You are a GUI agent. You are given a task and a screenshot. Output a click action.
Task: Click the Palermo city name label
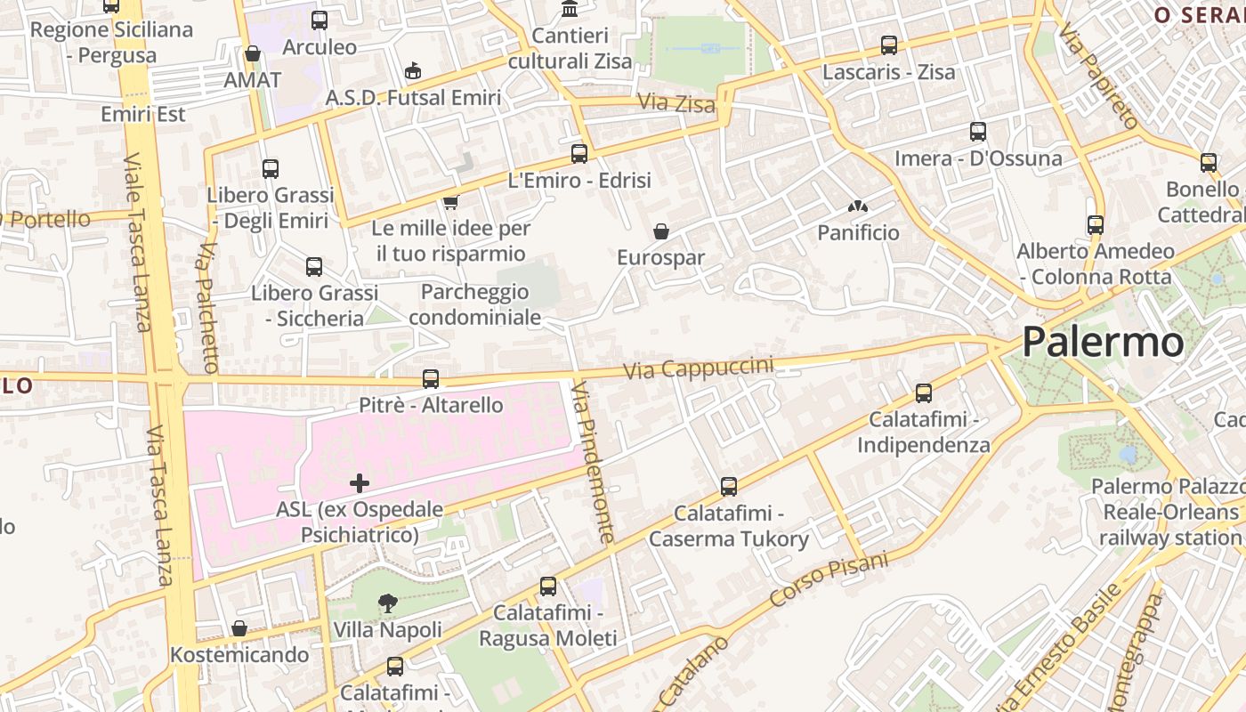(x=1103, y=342)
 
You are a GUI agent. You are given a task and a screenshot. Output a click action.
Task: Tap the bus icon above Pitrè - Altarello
(x=431, y=379)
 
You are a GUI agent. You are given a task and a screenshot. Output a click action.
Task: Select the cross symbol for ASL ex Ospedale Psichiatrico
(x=360, y=483)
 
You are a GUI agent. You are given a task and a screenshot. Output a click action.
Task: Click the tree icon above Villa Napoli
(x=388, y=603)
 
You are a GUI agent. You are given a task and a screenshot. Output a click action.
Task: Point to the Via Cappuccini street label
(x=698, y=368)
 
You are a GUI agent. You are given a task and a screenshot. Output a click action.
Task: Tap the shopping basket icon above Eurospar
(x=661, y=231)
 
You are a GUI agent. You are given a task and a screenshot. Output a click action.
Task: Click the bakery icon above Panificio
(x=857, y=207)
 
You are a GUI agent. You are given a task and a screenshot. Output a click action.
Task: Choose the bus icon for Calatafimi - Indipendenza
(x=924, y=392)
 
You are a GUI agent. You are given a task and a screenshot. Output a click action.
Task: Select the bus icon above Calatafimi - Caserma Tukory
(x=729, y=487)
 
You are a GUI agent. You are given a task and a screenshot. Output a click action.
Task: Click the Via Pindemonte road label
(x=593, y=462)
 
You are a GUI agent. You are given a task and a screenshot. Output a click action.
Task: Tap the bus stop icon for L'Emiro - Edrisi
(x=579, y=154)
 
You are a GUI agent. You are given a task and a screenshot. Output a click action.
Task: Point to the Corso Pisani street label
(x=829, y=579)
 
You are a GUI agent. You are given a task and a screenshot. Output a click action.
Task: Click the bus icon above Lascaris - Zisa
(x=888, y=45)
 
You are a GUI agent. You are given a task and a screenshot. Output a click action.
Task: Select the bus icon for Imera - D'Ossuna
(x=978, y=132)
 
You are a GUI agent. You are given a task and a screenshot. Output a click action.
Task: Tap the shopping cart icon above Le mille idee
(x=451, y=202)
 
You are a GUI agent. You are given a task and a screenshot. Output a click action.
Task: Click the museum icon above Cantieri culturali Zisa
(x=570, y=9)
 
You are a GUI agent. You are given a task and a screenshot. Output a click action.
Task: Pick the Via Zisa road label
(x=676, y=103)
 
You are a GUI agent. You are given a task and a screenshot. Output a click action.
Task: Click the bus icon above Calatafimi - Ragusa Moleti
(x=548, y=587)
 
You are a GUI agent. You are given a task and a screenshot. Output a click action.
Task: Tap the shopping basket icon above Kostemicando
(x=239, y=628)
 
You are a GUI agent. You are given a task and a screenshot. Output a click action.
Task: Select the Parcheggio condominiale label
(x=474, y=304)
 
